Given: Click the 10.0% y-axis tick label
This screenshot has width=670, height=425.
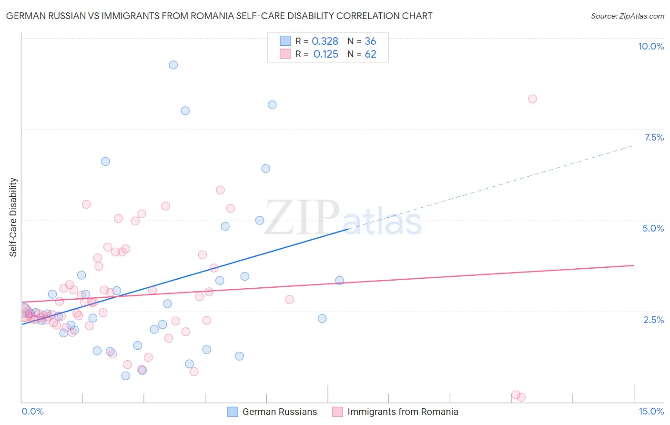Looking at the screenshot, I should coord(650,46).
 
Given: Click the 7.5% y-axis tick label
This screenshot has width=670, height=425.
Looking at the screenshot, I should coord(654,137).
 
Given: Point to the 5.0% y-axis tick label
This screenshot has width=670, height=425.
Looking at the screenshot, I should coord(653,228).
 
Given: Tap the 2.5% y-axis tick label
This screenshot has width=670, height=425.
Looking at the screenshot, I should coord(653,320).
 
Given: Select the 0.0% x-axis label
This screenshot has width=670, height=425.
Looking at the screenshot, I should coord(32,411).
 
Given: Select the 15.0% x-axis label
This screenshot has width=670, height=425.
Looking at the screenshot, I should coord(651,411).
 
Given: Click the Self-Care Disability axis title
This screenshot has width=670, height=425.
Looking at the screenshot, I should coord(13,217).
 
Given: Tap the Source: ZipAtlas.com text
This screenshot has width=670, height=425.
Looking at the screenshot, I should coord(627,16).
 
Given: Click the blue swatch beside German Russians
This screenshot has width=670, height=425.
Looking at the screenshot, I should coord(233,412).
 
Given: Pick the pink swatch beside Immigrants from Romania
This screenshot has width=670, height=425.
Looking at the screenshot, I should coord(337,412).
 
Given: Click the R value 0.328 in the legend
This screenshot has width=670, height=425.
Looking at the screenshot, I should coord(325,41).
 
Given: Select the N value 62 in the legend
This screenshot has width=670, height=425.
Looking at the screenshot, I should coord(370,54).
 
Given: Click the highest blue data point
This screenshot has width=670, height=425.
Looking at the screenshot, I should coord(173,65).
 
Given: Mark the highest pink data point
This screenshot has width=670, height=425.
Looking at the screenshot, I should coord(532,99).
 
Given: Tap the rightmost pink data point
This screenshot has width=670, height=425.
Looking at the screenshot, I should coord(532,99).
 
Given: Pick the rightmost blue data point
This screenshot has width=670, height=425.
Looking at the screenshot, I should coord(339,280).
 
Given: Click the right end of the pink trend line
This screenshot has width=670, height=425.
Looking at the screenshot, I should coord(634,265).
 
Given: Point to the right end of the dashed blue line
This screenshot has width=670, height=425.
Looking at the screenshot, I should coord(633,145).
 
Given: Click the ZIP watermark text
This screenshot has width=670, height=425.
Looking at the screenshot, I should coord(302,218).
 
